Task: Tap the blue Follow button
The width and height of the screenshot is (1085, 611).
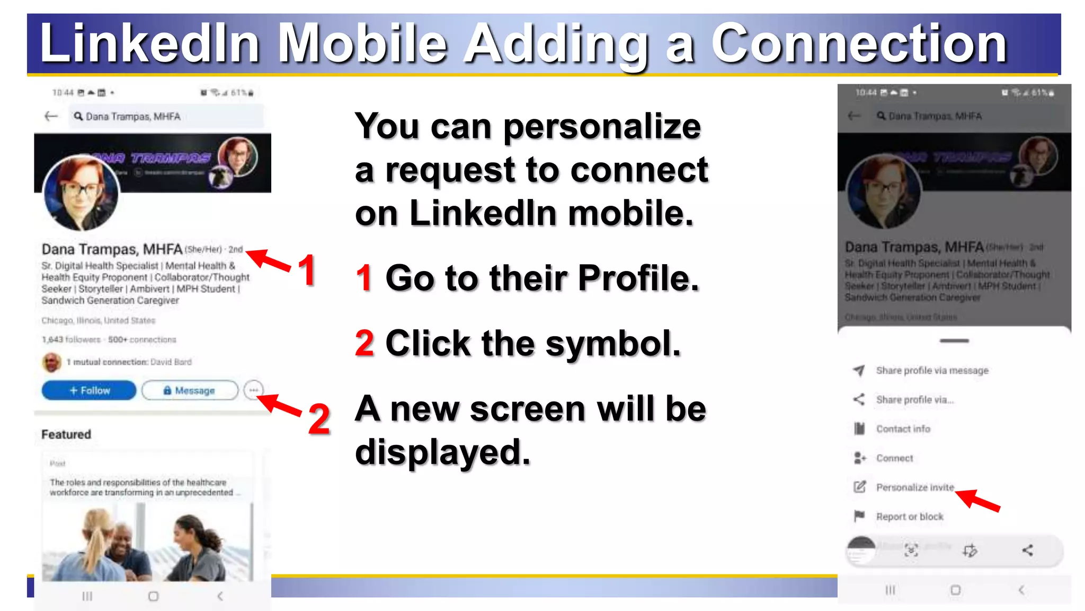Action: click(x=88, y=390)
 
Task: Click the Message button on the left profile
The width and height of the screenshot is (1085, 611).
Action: click(x=190, y=390)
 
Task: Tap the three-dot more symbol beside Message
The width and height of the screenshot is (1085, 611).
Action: click(x=254, y=390)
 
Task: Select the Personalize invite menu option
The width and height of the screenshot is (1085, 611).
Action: click(x=914, y=487)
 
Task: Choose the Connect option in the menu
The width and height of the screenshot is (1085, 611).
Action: click(x=894, y=458)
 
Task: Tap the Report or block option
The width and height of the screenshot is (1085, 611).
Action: click(x=909, y=517)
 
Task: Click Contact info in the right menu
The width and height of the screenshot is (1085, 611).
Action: click(x=903, y=429)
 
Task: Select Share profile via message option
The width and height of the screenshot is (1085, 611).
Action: click(x=932, y=371)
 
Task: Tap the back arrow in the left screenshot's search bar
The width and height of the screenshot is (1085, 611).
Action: click(x=51, y=116)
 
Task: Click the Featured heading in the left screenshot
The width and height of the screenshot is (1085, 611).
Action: click(x=66, y=434)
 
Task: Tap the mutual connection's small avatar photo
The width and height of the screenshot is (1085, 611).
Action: click(x=51, y=362)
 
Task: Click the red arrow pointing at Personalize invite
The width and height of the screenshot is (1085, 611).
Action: click(x=978, y=500)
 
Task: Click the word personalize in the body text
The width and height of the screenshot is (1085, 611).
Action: click(x=602, y=127)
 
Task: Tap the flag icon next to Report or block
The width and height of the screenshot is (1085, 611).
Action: click(x=859, y=516)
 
